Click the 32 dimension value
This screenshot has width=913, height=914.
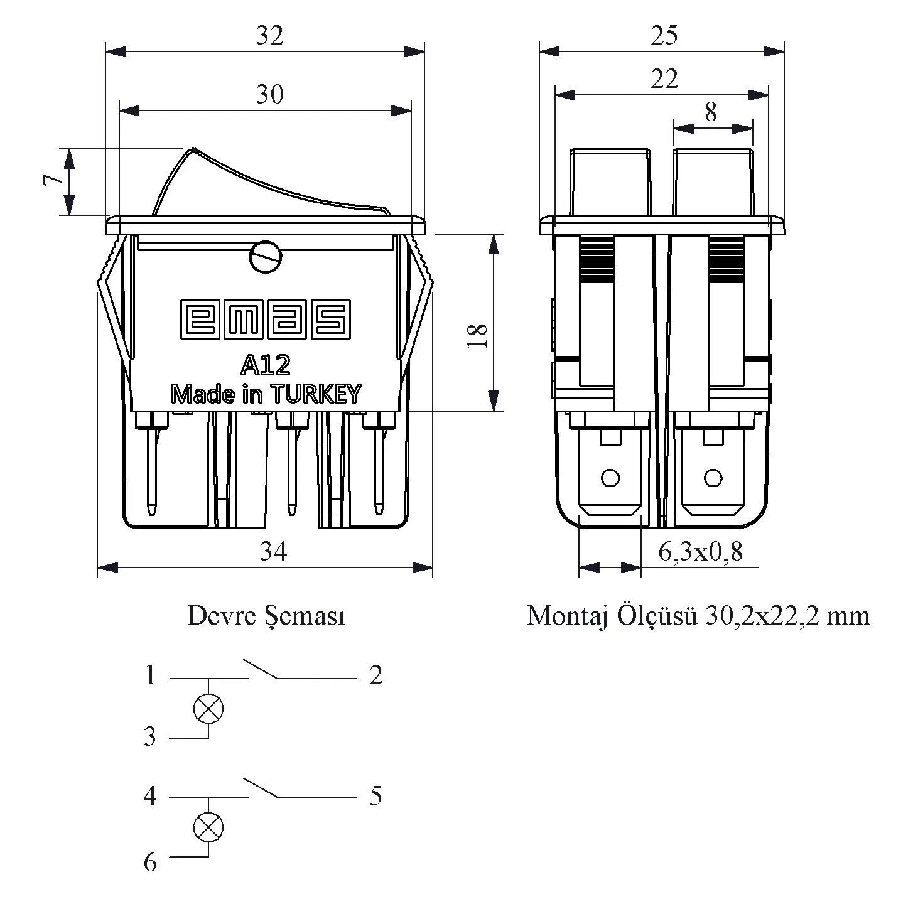pyautogui.click(x=269, y=36)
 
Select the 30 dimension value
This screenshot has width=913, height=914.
pyautogui.click(x=269, y=94)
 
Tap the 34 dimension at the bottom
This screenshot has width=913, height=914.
pyautogui.click(x=274, y=551)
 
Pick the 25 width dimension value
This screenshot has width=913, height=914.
pyautogui.click(x=664, y=36)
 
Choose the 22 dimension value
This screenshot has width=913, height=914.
pyautogui.click(x=664, y=79)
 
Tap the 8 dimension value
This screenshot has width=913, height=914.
pyautogui.click(x=710, y=112)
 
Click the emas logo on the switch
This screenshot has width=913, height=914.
pyautogui.click(x=266, y=319)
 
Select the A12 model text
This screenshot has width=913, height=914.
pyautogui.click(x=265, y=365)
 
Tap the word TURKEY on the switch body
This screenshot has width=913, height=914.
pyautogui.click(x=316, y=394)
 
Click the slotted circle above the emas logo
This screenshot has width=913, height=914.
pyautogui.click(x=265, y=257)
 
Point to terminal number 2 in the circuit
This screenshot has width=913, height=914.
pyautogui.click(x=375, y=675)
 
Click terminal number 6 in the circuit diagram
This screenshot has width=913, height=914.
pyautogui.click(x=150, y=863)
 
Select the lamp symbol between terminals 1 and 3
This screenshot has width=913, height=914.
pyautogui.click(x=208, y=709)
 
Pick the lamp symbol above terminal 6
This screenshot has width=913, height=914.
pyautogui.click(x=208, y=827)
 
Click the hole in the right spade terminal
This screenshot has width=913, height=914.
pyautogui.click(x=713, y=478)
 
